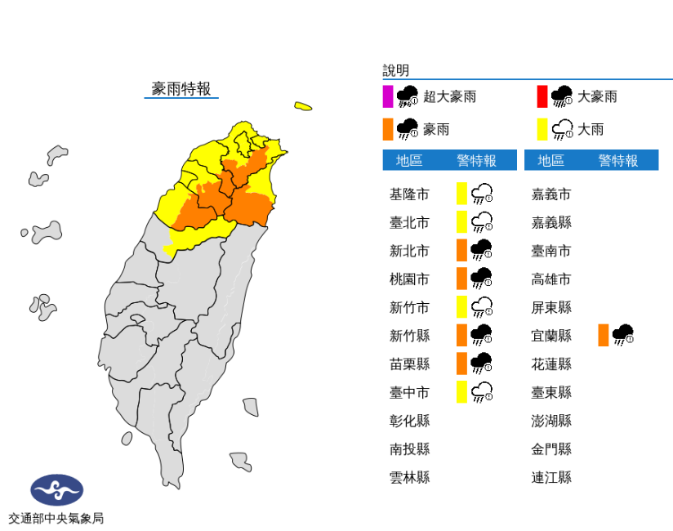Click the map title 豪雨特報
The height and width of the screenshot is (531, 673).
click(181, 89)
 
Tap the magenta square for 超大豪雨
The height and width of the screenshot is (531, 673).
click(388, 96)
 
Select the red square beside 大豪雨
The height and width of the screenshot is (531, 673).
click(542, 96)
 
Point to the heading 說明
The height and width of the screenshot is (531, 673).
click(395, 71)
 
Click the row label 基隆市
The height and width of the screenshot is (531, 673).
click(409, 194)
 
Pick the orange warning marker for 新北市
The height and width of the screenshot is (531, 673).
click(461, 250)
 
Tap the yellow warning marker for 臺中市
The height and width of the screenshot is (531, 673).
click(461, 392)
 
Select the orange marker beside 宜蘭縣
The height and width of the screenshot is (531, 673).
click(603, 335)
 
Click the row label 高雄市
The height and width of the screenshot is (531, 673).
click(551, 279)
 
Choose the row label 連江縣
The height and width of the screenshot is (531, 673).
click(551, 477)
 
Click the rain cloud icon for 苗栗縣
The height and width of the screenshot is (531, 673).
click(481, 363)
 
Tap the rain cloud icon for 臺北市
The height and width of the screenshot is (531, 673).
click(481, 222)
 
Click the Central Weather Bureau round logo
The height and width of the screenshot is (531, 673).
click(56, 490)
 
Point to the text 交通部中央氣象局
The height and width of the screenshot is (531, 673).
click(56, 518)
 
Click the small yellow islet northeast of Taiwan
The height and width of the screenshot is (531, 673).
click(303, 106)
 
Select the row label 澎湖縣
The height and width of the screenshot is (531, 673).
click(551, 421)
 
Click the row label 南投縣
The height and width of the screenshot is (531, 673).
click(409, 448)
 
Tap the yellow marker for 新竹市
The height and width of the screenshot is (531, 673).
click(461, 307)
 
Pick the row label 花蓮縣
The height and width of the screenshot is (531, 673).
click(551, 364)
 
